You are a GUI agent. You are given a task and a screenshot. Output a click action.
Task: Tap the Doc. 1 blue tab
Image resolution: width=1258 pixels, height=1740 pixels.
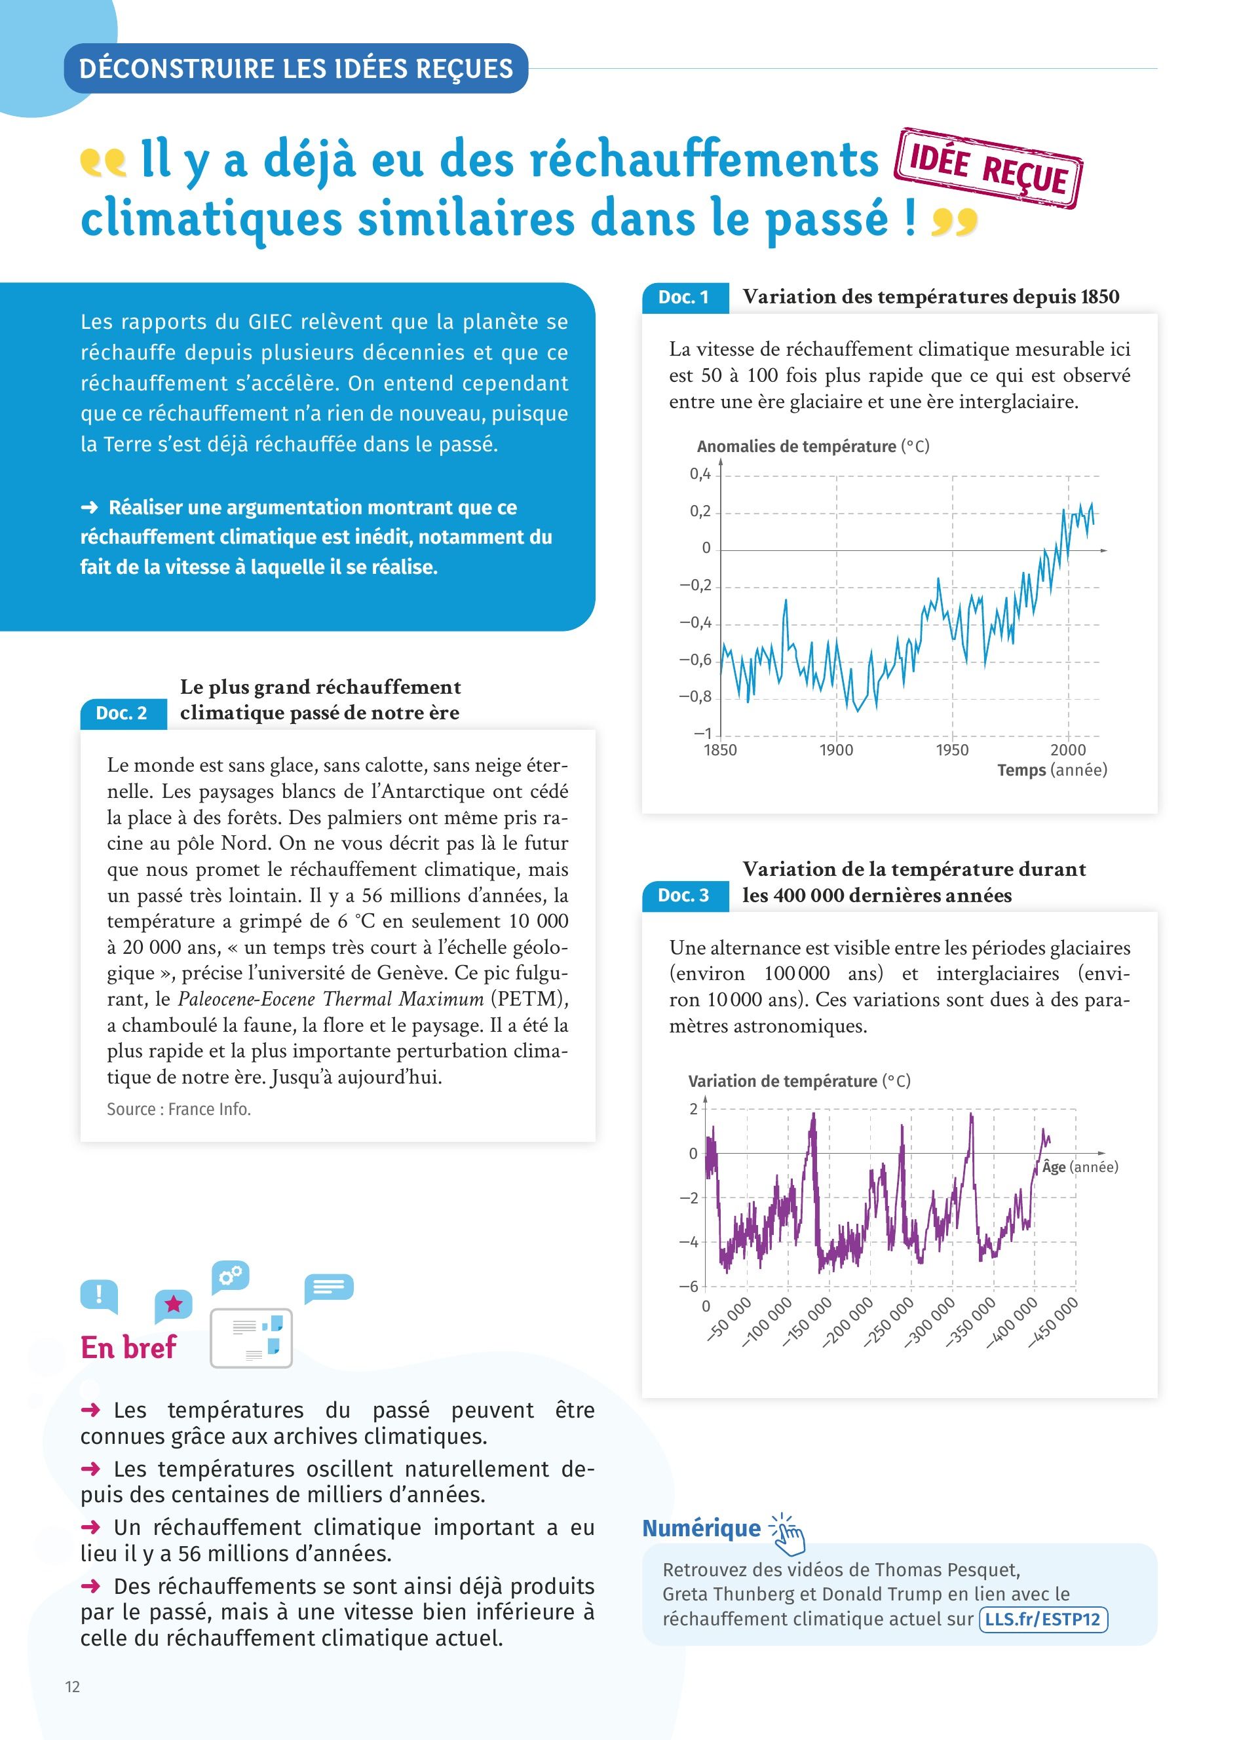click(x=684, y=297)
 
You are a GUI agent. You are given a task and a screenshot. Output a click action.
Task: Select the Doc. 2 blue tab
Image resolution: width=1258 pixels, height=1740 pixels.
click(x=122, y=713)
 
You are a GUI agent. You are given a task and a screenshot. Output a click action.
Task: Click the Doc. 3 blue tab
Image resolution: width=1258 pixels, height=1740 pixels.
click(x=684, y=896)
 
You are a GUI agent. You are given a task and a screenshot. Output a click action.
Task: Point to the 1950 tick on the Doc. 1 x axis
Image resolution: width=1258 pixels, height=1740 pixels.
click(x=952, y=750)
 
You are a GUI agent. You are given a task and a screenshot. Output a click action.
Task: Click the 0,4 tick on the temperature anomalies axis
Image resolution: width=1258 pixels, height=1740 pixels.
click(x=700, y=474)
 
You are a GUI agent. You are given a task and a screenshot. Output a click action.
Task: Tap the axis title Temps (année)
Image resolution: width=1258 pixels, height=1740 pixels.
click(x=1052, y=770)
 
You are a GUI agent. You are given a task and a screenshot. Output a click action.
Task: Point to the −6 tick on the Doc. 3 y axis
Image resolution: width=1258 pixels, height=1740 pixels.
click(x=689, y=1286)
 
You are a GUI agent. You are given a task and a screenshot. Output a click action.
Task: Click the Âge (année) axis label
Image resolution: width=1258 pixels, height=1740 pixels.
click(x=1079, y=1167)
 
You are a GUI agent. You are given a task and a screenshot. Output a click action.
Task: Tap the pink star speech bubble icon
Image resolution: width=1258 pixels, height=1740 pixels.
click(x=174, y=1305)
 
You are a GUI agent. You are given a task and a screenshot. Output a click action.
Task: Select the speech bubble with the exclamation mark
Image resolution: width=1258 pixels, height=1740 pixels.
click(x=99, y=1296)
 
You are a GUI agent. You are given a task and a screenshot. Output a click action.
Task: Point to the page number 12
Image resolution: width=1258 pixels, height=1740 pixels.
click(x=73, y=1686)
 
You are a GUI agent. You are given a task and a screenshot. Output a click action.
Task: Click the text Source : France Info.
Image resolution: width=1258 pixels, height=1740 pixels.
click(x=179, y=1109)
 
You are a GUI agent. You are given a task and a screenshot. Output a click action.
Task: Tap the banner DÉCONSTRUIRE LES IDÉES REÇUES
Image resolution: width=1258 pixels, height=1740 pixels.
click(x=296, y=69)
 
